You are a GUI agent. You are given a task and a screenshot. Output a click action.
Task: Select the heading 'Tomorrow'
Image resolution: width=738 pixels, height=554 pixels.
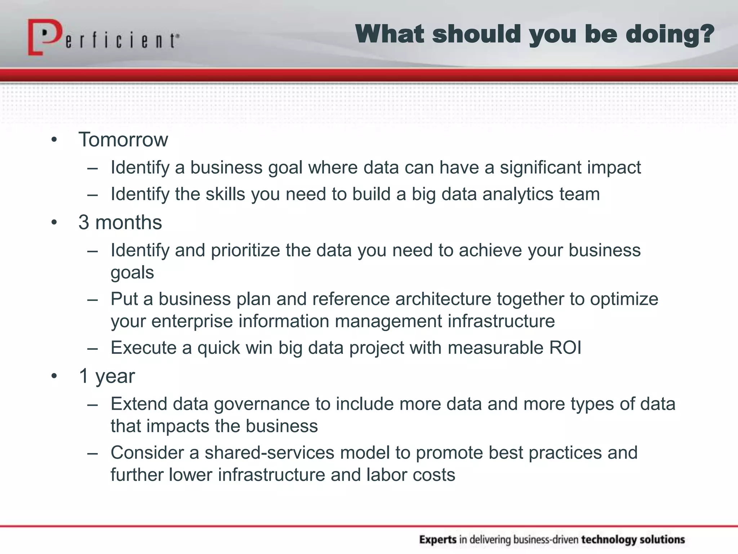pyautogui.click(x=123, y=140)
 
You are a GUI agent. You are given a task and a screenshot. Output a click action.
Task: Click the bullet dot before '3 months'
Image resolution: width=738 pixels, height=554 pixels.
pyautogui.click(x=54, y=223)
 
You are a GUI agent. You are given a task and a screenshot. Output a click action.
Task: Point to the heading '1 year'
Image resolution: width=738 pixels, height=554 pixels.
pyautogui.click(x=107, y=376)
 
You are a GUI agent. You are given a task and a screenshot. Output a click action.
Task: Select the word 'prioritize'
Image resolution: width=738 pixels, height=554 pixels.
pyautogui.click(x=245, y=250)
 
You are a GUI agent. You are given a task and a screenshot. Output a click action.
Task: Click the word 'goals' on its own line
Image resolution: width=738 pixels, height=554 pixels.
pyautogui.click(x=132, y=273)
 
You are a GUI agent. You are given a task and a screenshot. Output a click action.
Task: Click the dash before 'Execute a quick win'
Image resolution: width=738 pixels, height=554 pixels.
pyautogui.click(x=93, y=348)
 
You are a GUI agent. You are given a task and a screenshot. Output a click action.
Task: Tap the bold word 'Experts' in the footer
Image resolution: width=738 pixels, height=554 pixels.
pyautogui.click(x=438, y=540)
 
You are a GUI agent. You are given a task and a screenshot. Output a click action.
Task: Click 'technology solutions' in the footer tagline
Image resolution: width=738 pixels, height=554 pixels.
pyautogui.click(x=633, y=540)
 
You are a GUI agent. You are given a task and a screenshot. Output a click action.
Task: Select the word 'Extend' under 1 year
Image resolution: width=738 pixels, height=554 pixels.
pyautogui.click(x=139, y=404)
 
